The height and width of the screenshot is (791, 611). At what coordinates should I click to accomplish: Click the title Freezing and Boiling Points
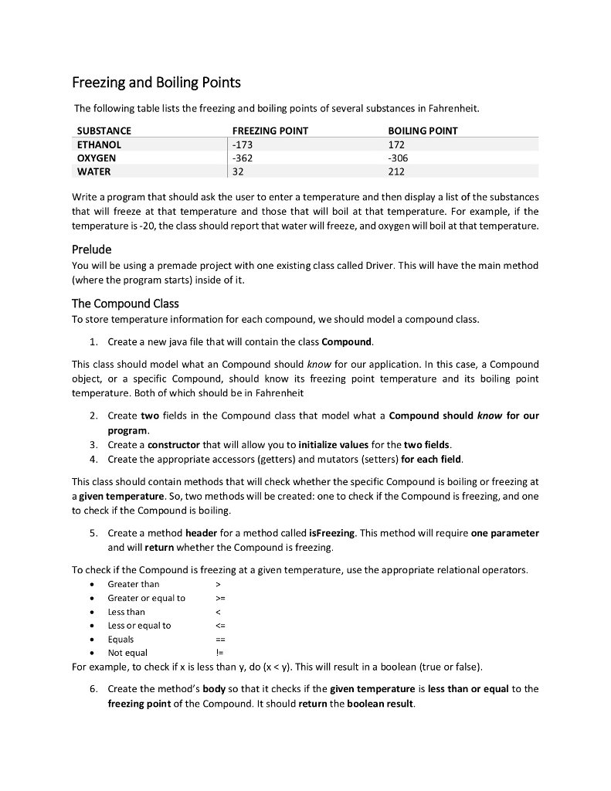[x=156, y=82]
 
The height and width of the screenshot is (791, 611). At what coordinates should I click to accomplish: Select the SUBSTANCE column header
[x=104, y=131]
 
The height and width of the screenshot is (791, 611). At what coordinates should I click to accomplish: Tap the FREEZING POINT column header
[x=270, y=131]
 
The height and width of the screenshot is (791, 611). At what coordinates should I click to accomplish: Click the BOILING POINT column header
[x=423, y=131]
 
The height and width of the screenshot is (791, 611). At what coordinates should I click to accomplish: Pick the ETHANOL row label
[x=100, y=144]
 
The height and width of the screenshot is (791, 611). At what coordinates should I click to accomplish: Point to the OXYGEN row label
[x=97, y=158]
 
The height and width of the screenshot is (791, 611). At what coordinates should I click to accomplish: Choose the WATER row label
[x=94, y=171]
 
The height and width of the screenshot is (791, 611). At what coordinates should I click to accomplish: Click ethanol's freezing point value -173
[x=243, y=144]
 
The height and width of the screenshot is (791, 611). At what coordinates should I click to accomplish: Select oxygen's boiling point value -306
[x=399, y=158]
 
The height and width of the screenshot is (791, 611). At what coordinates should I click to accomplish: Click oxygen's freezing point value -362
[x=243, y=158]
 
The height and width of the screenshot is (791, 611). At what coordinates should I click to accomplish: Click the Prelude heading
[x=92, y=249]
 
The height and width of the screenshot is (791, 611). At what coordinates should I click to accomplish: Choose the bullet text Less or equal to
[x=139, y=625]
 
